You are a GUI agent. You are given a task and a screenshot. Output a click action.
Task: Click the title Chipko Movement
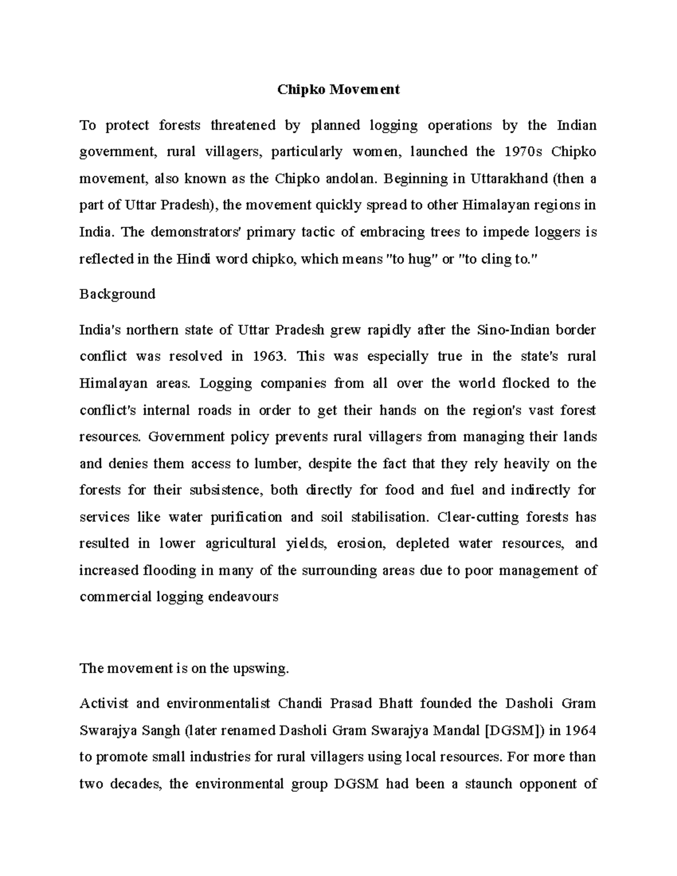click(x=338, y=89)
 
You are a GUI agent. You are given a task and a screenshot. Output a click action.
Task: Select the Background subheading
click(x=117, y=294)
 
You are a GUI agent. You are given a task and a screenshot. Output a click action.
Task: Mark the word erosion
click(x=359, y=544)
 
